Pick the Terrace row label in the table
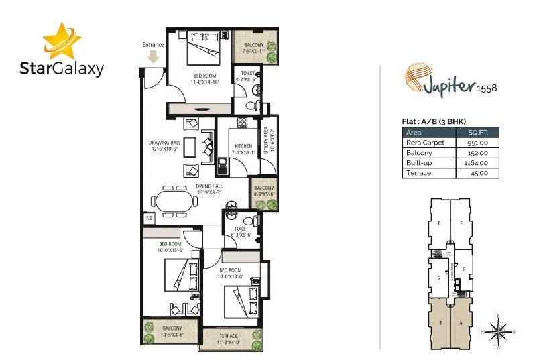tap(418, 173)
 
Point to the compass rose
tap(499, 330)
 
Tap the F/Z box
tap(148, 219)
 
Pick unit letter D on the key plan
tap(438, 223)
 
